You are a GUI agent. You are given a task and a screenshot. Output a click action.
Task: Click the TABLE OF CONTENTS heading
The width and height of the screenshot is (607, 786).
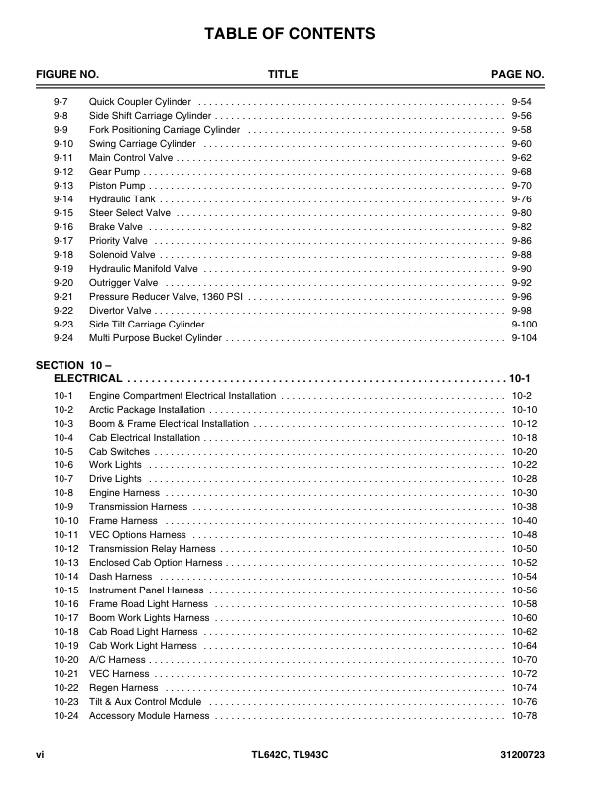click(290, 34)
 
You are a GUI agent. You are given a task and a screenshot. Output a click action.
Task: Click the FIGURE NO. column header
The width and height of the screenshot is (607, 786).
click(67, 75)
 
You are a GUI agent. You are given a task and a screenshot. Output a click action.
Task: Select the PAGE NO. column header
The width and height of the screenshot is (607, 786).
click(518, 75)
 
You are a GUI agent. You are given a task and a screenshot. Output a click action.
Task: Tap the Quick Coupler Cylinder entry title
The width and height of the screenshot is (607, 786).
click(141, 102)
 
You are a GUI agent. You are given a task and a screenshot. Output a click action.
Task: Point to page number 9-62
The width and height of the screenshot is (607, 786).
click(521, 157)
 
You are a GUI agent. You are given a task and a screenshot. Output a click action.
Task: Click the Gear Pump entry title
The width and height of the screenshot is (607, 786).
click(115, 171)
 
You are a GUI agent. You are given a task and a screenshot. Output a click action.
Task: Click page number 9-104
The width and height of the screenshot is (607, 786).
click(524, 337)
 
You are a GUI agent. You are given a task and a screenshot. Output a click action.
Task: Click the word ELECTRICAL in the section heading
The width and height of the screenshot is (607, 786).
click(88, 379)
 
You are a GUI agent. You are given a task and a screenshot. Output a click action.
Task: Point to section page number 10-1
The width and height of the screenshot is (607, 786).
click(521, 379)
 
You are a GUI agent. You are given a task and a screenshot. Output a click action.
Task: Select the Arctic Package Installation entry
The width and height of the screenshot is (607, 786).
click(147, 410)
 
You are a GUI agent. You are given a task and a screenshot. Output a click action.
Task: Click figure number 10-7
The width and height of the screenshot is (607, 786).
click(63, 479)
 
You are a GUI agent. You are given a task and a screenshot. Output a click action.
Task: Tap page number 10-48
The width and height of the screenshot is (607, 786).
click(524, 535)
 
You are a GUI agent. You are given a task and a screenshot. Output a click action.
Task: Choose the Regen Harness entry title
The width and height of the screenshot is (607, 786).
click(123, 688)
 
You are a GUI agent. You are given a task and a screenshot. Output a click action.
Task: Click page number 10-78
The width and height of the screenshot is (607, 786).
click(524, 716)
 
